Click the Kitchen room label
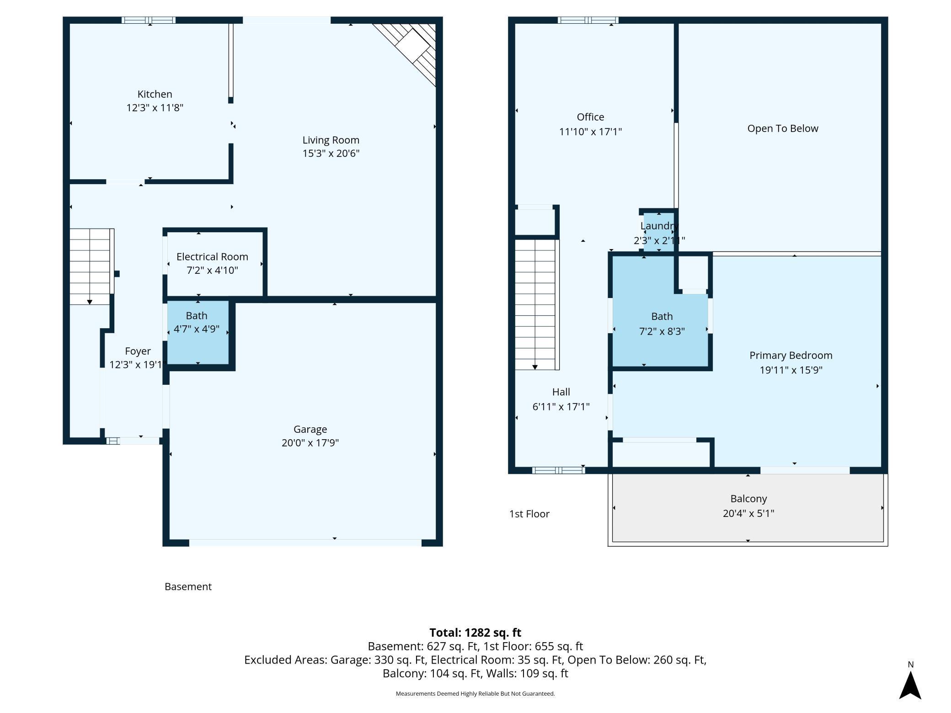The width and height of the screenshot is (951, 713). click(155, 94)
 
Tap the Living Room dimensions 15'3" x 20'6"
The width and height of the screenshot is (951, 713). click(331, 153)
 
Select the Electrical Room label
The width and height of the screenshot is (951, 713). click(212, 257)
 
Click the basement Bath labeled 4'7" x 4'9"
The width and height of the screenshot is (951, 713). click(197, 322)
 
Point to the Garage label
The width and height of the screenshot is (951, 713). click(310, 429)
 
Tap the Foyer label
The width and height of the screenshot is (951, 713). click(138, 351)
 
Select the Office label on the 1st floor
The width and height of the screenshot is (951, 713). click(590, 117)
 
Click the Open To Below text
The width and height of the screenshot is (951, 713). click(782, 128)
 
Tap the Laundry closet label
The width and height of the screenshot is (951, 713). click(659, 226)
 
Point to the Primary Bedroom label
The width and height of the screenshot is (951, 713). click(791, 355)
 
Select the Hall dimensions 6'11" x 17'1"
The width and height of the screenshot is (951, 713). click(561, 406)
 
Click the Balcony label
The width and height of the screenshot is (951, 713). click(748, 499)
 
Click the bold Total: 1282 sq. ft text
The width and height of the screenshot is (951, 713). click(475, 633)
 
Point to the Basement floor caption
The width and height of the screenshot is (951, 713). click(188, 586)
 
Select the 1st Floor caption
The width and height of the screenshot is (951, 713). click(529, 514)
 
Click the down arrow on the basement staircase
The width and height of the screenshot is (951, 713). click(90, 302)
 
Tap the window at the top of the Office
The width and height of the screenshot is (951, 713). click(588, 20)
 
